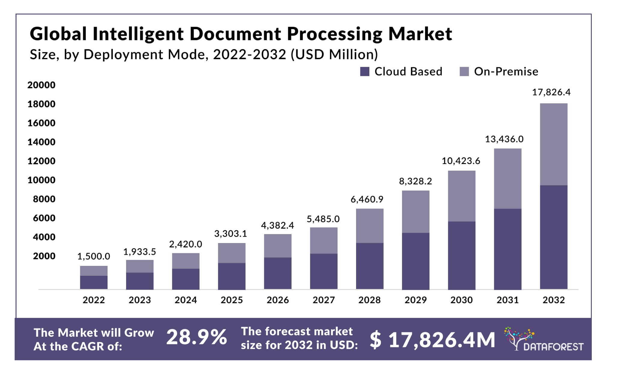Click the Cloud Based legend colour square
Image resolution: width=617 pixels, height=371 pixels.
pyautogui.click(x=364, y=71)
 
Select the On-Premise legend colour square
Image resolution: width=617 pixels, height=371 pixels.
pyautogui.click(x=464, y=71)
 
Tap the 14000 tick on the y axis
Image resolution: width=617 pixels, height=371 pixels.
pyautogui.click(x=41, y=142)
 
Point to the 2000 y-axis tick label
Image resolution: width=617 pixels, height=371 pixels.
pyautogui.click(x=44, y=256)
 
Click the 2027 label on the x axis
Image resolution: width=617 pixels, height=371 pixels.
pyautogui.click(x=323, y=300)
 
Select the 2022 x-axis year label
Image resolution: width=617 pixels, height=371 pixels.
pyautogui.click(x=94, y=300)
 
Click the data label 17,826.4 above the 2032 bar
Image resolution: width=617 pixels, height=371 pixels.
pyautogui.click(x=551, y=92)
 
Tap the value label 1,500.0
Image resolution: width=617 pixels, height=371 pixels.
pyautogui.click(x=94, y=256)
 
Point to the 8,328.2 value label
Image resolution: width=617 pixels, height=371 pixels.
pyautogui.click(x=415, y=181)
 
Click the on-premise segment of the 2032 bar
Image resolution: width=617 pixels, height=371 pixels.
pyautogui.click(x=553, y=144)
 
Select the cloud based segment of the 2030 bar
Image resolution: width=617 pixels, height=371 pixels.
pyautogui.click(x=461, y=255)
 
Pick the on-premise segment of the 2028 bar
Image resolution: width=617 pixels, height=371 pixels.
pyautogui.click(x=370, y=226)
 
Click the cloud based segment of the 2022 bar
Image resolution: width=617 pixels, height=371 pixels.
pyautogui.click(x=94, y=282)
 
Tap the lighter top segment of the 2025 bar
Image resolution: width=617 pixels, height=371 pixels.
pyautogui.click(x=231, y=253)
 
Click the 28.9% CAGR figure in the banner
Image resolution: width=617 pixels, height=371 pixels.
pyautogui.click(x=196, y=337)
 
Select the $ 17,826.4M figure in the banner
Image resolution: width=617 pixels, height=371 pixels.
pyautogui.click(x=432, y=340)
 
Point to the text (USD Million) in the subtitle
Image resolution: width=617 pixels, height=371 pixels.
pyautogui.click(x=334, y=54)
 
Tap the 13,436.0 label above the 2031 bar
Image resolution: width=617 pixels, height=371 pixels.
pyautogui.click(x=504, y=139)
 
